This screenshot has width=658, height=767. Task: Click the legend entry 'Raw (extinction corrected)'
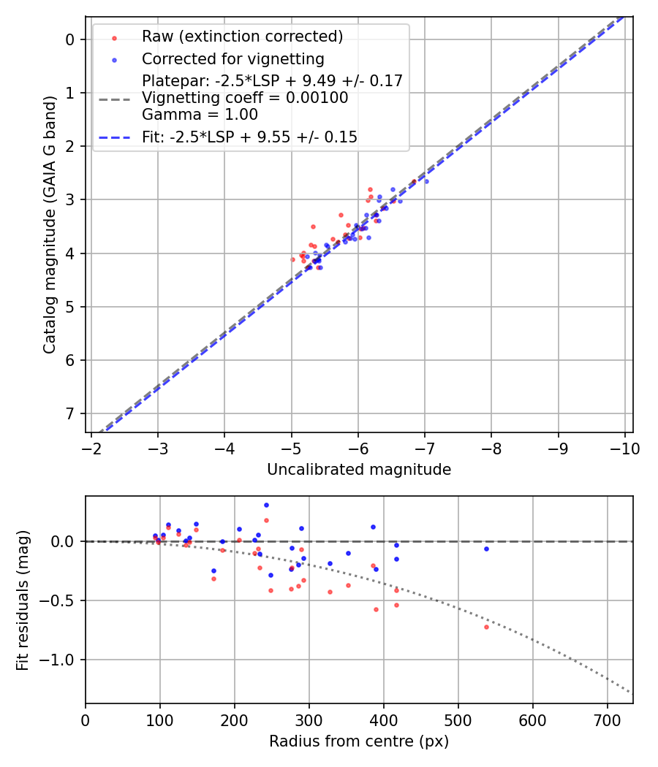tap(242, 37)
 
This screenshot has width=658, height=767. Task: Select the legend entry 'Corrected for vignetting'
tap(232, 58)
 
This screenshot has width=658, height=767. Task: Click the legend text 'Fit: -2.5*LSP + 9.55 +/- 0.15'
tap(249, 137)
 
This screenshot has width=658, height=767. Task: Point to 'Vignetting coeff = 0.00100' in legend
tap(245, 98)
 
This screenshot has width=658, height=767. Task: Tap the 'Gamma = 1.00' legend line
tap(200, 115)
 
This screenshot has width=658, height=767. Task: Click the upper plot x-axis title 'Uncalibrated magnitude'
tap(359, 470)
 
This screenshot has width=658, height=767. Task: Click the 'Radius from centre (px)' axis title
tap(359, 741)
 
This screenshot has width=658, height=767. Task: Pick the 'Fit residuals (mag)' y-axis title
tap(23, 600)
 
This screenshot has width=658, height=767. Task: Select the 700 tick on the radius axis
tap(532, 720)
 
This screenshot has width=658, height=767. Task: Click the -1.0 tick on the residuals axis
tap(61, 660)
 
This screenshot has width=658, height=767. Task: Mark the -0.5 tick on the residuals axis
tap(61, 601)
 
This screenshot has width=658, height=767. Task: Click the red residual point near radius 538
tap(486, 627)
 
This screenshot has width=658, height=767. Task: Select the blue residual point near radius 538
tap(486, 549)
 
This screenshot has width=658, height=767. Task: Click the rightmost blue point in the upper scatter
tap(426, 181)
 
